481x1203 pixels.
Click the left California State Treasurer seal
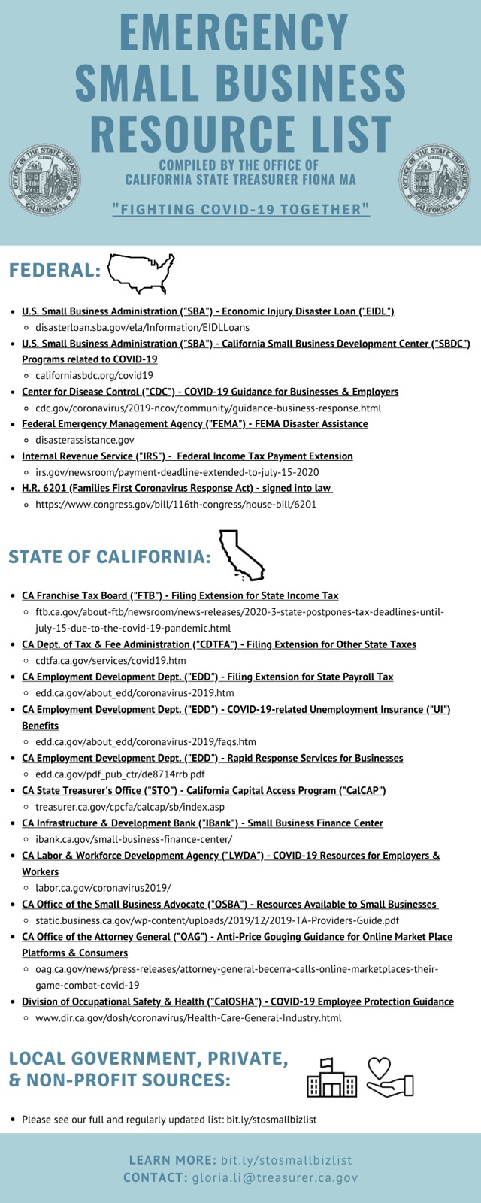[44, 180]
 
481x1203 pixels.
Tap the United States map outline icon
[141, 273]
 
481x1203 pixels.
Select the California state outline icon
[240, 555]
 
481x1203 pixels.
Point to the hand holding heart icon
[390, 1078]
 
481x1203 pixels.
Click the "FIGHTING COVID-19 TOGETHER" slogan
[240, 209]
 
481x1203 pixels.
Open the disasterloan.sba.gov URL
[142, 327]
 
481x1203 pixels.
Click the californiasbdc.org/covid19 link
[94, 375]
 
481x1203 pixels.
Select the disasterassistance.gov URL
[85, 440]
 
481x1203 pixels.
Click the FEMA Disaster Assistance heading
[195, 423]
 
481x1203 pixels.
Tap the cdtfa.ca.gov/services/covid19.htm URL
[110, 660]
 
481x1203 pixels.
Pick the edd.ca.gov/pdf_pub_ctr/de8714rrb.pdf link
[120, 774]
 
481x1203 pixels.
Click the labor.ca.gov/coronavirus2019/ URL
[103, 887]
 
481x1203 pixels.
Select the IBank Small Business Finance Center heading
[202, 823]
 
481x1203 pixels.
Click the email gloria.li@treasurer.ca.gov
[275, 1178]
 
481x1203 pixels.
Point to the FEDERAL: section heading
[55, 271]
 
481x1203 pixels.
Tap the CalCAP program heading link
[204, 790]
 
